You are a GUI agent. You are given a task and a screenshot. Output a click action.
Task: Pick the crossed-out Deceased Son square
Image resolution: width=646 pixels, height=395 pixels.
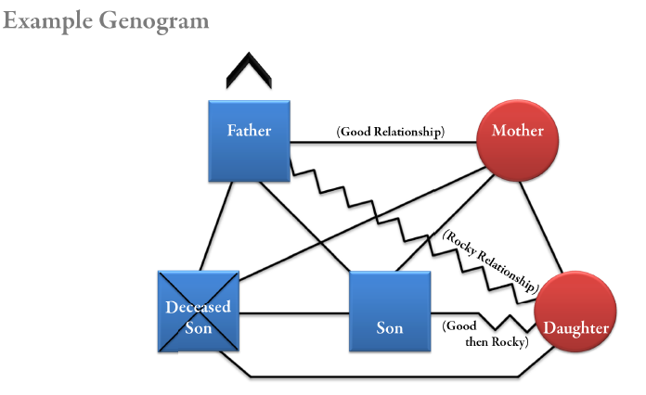point(199,311)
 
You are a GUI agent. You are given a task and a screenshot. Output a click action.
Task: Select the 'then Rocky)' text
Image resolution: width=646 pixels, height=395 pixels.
point(496,342)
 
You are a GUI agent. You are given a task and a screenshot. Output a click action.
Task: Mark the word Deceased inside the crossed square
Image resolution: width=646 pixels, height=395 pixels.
point(199,307)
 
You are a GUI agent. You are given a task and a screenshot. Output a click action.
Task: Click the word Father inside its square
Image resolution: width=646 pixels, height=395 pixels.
point(250,130)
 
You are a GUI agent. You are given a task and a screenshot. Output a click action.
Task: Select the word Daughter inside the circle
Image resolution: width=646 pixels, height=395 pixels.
point(576,328)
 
